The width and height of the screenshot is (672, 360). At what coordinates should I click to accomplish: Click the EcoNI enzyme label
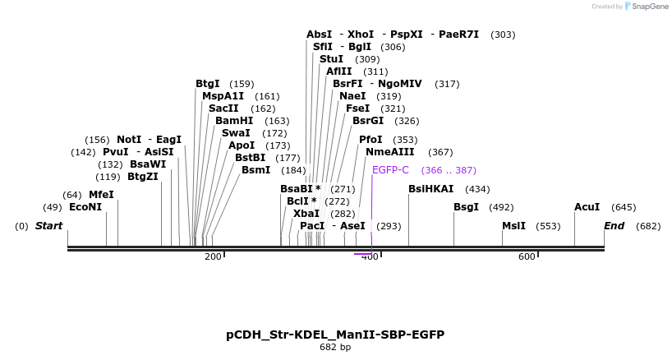coord(85,207)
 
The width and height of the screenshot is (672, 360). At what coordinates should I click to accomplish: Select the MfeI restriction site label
coord(101,195)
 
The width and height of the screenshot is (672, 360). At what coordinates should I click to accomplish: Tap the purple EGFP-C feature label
coord(390,170)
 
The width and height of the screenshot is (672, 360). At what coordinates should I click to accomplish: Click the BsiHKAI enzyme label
coord(430,189)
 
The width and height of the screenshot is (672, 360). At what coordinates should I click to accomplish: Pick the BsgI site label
coord(466,207)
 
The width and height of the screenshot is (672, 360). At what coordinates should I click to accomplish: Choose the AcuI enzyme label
coord(587,207)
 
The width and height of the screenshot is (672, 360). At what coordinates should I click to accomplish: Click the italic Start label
coord(48,226)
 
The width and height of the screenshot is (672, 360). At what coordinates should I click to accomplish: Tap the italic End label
coord(614,226)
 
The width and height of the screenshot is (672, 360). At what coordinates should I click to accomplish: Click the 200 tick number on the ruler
coord(213,257)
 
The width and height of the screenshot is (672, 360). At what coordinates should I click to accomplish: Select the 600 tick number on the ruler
coord(527,257)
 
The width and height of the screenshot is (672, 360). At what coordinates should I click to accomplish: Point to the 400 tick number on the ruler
coord(370,257)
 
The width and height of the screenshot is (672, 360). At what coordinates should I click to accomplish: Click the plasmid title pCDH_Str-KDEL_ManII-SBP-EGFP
coord(335,335)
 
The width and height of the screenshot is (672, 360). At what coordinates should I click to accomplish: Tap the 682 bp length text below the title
coord(335,348)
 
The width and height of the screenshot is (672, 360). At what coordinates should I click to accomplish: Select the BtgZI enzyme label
coord(143,177)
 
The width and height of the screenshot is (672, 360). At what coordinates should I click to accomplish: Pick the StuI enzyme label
coord(332,59)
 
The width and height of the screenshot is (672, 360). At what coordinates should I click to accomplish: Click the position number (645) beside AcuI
coord(624,207)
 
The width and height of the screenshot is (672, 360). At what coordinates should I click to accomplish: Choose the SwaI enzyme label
coord(236,133)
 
